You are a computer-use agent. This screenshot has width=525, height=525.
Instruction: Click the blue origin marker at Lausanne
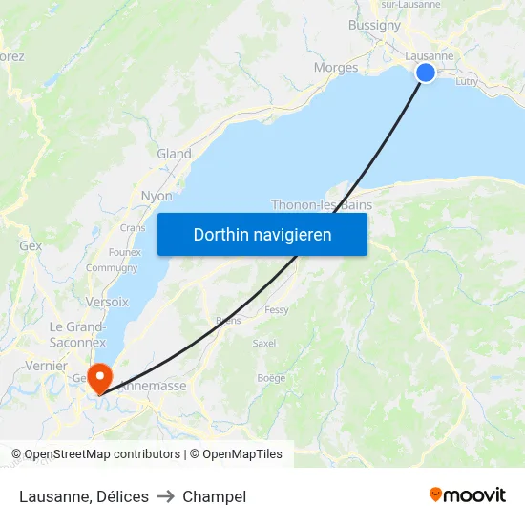pos(426,73)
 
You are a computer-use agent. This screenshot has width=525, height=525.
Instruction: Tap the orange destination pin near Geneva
pos(97,379)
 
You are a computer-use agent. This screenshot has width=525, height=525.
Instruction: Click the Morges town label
pos(336,68)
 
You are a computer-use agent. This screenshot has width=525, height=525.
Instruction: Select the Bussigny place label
pos(374,26)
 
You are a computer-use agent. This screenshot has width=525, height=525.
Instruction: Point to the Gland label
pos(174,154)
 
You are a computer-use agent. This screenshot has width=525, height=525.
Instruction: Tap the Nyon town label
pos(157,196)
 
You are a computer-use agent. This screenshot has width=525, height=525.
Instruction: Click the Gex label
pos(31,245)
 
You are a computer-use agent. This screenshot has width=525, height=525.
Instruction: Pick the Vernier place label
pos(46,366)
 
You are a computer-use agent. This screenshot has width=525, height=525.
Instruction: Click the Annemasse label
pos(153,386)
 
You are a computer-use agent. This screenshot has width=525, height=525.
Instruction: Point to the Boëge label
pos(271,378)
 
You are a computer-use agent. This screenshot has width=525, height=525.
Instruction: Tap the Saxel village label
pos(264,343)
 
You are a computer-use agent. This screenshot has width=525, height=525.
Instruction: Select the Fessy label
pos(277,310)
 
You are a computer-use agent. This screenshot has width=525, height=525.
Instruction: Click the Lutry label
pos(467,82)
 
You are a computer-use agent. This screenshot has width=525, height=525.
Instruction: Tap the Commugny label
pos(112,268)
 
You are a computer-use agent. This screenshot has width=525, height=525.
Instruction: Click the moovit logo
pos(467,495)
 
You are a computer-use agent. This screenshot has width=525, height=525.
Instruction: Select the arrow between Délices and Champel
pos(165,496)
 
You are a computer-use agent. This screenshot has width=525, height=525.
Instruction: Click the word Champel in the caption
pos(214,496)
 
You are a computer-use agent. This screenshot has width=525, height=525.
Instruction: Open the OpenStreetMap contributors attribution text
pos(102,454)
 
